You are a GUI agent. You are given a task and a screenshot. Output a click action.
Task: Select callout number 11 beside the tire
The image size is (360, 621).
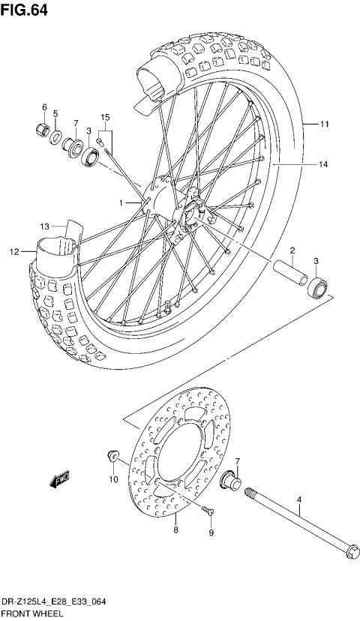coord(324,124)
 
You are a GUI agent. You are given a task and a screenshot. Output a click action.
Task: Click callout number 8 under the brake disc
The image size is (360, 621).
coord(175,529)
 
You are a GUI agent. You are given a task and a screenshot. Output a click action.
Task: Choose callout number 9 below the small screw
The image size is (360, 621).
coord(211,532)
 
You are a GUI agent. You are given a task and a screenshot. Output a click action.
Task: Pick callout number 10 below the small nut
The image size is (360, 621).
coord(114,478)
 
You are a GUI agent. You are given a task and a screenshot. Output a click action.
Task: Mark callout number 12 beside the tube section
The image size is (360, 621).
coord(13,252)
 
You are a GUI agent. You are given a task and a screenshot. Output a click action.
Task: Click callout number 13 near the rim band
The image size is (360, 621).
coord(45,226)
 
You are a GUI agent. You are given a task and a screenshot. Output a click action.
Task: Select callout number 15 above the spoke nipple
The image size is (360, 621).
coord(105,117)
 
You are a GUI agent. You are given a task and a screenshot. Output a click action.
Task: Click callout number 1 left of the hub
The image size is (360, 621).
coord(119,202)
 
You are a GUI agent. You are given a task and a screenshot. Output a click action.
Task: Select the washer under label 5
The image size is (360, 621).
coord(56,137)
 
